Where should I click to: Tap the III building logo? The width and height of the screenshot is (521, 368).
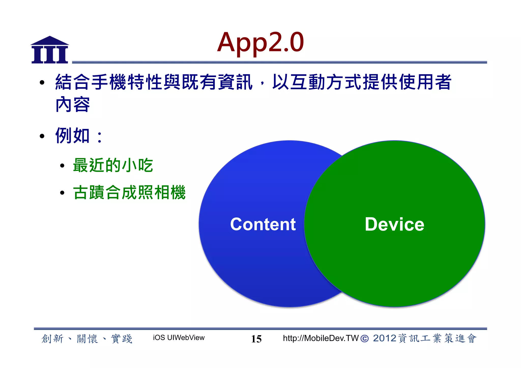pyautogui.click(x=50, y=50)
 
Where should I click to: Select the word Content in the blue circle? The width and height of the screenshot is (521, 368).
pyautogui.click(x=263, y=224)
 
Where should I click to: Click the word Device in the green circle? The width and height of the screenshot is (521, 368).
pyautogui.click(x=394, y=224)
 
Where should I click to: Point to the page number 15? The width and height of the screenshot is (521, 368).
pyautogui.click(x=256, y=339)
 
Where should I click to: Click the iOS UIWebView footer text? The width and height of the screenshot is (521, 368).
pyautogui.click(x=179, y=338)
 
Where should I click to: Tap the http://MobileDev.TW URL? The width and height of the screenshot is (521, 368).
pyautogui.click(x=321, y=338)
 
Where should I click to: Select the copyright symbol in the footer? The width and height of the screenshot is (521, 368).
pyautogui.click(x=364, y=339)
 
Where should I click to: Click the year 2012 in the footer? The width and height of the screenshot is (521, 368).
pyautogui.click(x=384, y=338)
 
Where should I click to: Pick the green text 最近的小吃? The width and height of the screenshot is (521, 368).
pyautogui.click(x=113, y=165)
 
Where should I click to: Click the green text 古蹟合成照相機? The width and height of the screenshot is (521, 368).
pyautogui.click(x=129, y=193)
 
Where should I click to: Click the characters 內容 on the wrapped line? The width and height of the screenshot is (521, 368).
pyautogui.click(x=73, y=104)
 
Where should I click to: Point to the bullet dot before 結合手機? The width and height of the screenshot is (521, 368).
pyautogui.click(x=42, y=82)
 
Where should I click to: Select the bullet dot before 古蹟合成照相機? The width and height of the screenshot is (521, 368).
pyautogui.click(x=62, y=193)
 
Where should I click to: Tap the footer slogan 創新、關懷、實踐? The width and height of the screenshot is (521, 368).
pyautogui.click(x=87, y=339)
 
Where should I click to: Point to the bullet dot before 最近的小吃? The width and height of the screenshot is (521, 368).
pyautogui.click(x=62, y=166)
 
